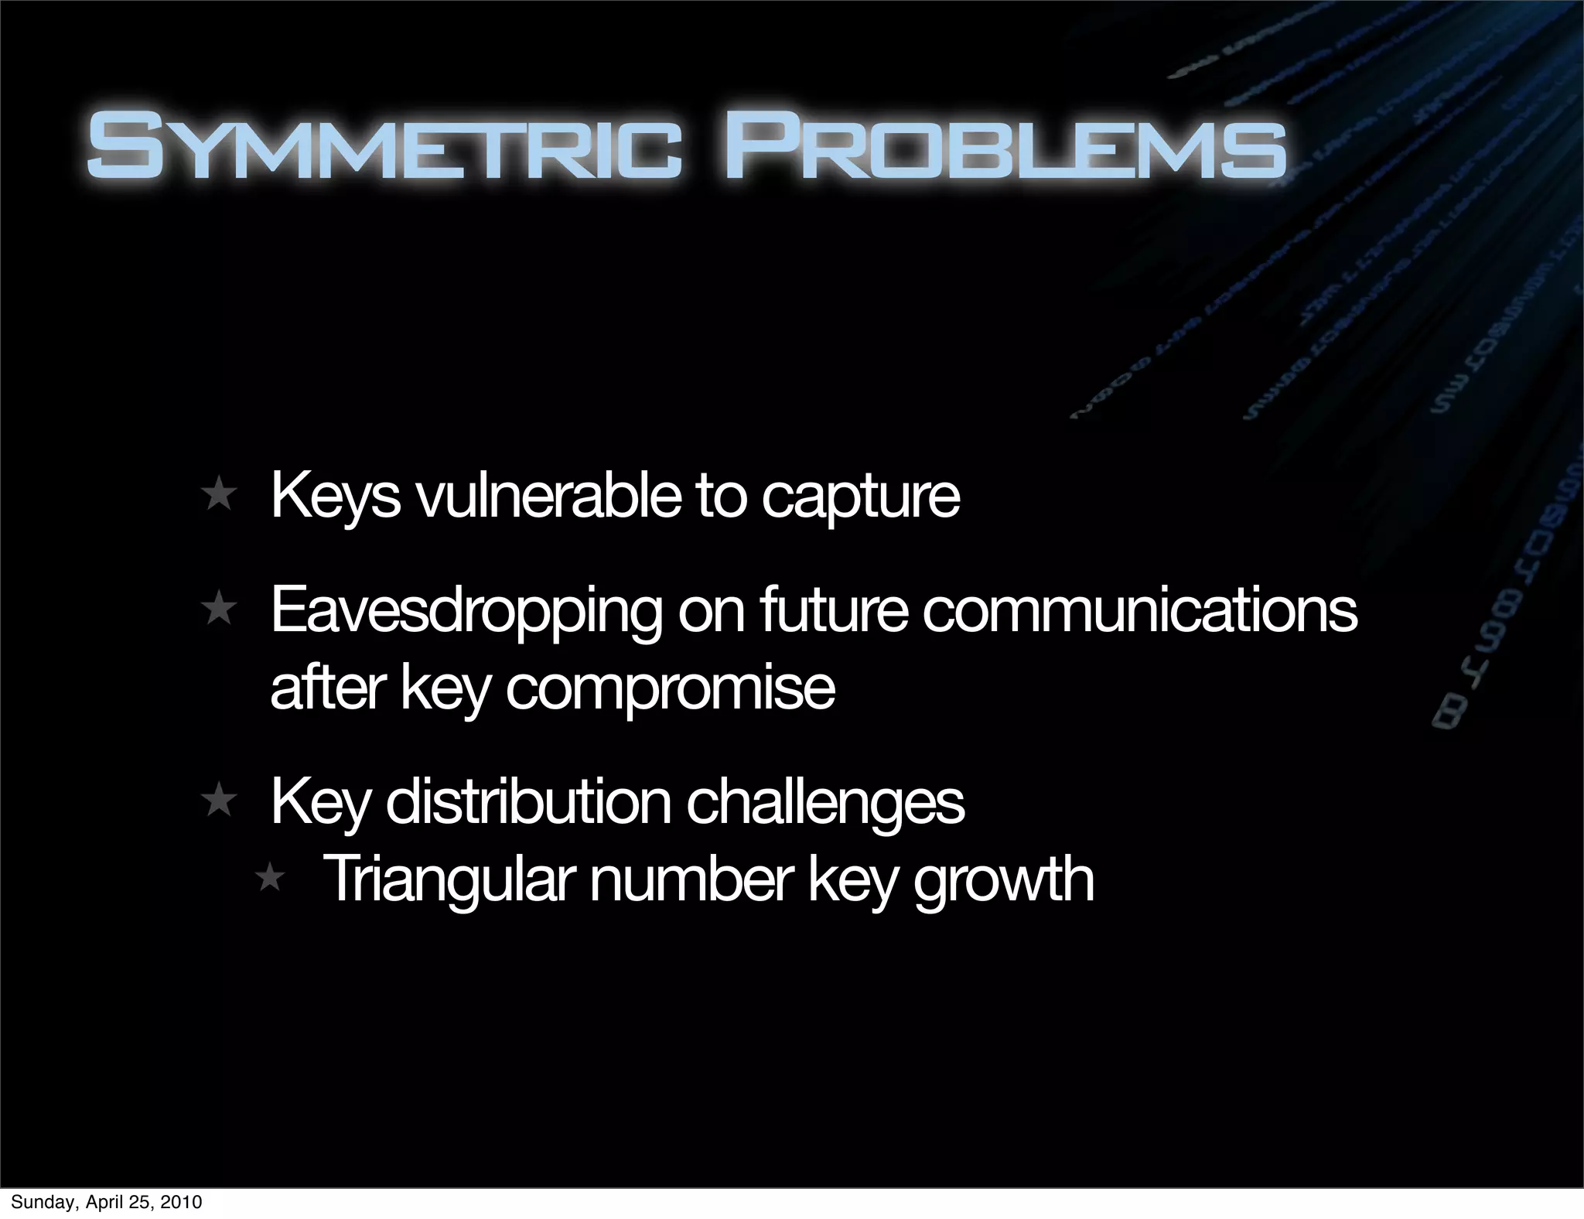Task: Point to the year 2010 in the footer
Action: click(x=183, y=1202)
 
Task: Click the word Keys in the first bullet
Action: click(x=336, y=497)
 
